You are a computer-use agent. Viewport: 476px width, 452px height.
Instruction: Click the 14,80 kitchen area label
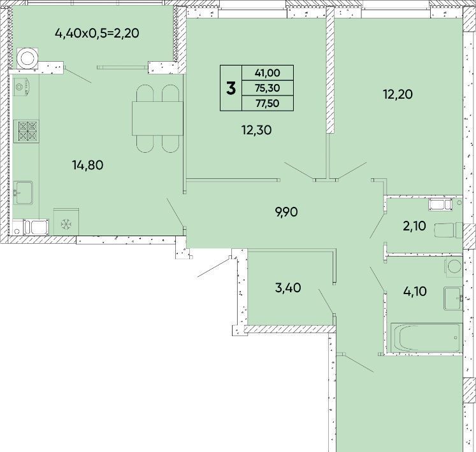pyautogui.click(x=88, y=165)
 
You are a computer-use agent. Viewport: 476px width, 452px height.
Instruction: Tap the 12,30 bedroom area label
pyautogui.click(x=257, y=130)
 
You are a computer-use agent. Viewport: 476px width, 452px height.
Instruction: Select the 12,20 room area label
pyautogui.click(x=398, y=94)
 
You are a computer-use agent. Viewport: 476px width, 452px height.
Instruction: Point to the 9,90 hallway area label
pyautogui.click(x=286, y=212)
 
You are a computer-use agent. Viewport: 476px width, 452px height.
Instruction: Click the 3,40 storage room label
pyautogui.click(x=288, y=288)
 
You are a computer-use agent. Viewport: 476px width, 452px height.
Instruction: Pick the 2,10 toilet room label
pyautogui.click(x=414, y=226)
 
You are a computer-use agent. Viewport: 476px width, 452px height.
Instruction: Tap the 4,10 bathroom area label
pyautogui.click(x=415, y=291)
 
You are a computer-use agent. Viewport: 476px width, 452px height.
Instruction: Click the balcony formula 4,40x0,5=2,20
pyautogui.click(x=97, y=33)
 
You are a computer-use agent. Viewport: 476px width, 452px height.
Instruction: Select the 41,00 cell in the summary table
pyautogui.click(x=268, y=73)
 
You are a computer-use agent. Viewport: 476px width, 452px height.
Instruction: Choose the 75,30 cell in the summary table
pyautogui.click(x=268, y=88)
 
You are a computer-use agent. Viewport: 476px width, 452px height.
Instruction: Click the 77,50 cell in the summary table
pyautogui.click(x=268, y=103)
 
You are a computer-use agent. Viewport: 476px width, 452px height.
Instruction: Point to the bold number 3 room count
pyautogui.click(x=231, y=88)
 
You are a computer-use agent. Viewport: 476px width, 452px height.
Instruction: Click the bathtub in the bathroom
pyautogui.click(x=426, y=338)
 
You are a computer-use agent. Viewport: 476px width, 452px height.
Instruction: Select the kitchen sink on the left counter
pyautogui.click(x=23, y=193)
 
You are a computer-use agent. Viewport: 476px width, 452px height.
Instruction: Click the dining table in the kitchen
pyautogui.click(x=157, y=118)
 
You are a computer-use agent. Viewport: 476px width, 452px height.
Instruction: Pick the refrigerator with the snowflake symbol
pyautogui.click(x=66, y=222)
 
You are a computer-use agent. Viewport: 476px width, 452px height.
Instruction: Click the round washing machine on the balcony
pyautogui.click(x=27, y=58)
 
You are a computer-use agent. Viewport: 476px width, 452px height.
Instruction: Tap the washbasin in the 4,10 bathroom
pyautogui.click(x=453, y=299)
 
